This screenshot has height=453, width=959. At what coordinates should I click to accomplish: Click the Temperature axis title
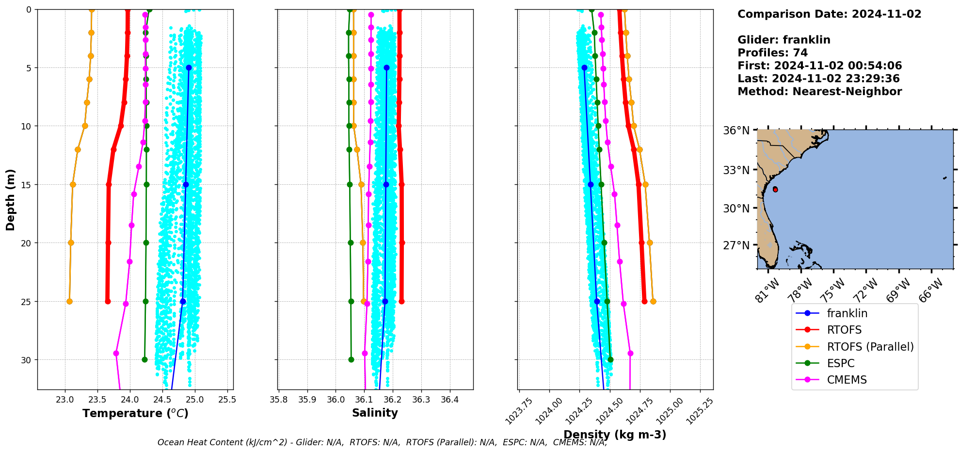[135, 413]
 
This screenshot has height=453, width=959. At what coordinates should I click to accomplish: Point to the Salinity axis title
[375, 413]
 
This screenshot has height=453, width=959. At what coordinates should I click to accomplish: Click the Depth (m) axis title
[11, 199]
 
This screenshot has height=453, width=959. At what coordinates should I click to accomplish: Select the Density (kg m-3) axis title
[615, 435]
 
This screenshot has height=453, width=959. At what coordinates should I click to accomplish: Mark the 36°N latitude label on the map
[736, 130]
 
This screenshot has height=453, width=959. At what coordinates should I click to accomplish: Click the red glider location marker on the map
[775, 189]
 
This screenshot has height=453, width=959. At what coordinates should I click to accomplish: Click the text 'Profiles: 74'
[772, 53]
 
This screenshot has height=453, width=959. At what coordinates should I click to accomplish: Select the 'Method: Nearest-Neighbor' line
[819, 92]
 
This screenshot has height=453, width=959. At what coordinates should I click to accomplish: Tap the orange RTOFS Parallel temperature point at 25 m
[69, 301]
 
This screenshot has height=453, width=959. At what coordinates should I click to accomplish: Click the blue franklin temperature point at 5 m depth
[189, 67]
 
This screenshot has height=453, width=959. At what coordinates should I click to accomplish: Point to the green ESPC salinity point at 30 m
[351, 359]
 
